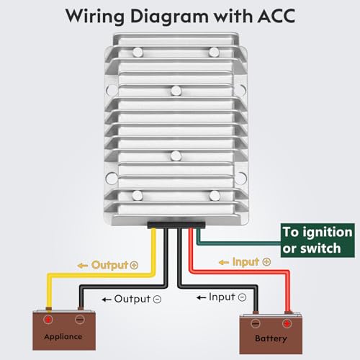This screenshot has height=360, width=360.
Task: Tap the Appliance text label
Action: tap(62, 336)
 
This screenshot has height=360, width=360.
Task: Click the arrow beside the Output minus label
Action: tap(107, 298)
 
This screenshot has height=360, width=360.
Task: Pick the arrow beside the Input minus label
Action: tap(202, 297)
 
